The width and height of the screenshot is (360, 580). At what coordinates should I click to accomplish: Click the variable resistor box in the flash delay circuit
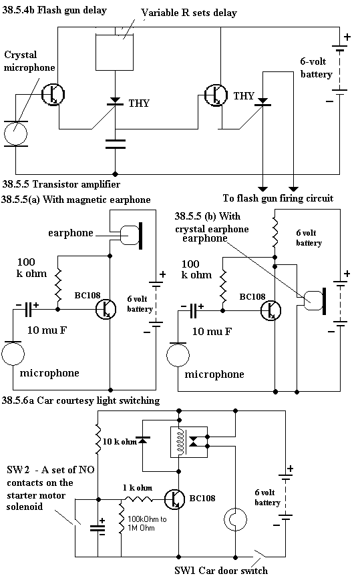click(115, 52)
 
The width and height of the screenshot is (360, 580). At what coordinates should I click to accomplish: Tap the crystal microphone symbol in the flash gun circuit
click(15, 133)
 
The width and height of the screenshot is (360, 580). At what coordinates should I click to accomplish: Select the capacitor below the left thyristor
click(115, 144)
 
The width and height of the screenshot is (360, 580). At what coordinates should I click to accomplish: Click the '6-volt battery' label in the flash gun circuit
click(317, 67)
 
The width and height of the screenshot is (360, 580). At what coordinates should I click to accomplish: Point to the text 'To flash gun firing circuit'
click(278, 198)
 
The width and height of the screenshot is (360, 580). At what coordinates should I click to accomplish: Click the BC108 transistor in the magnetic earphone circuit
click(106, 309)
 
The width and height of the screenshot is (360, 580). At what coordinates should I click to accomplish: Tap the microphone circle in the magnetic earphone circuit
click(13, 354)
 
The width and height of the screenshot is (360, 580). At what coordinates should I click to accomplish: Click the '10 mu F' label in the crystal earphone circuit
click(212, 332)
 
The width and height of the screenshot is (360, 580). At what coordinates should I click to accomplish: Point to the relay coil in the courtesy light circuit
click(180, 442)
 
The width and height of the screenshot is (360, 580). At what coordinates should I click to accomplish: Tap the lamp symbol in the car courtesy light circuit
click(235, 519)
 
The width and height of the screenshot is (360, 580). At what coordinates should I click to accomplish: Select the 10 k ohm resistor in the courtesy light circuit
click(98, 440)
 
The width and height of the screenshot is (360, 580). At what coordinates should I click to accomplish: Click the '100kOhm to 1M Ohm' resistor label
click(147, 523)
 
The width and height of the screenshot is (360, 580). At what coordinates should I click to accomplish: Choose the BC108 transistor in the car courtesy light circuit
click(174, 499)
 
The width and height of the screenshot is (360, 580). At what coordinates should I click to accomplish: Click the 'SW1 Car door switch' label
click(221, 571)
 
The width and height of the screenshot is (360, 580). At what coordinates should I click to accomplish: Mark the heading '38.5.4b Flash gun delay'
click(54, 10)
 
